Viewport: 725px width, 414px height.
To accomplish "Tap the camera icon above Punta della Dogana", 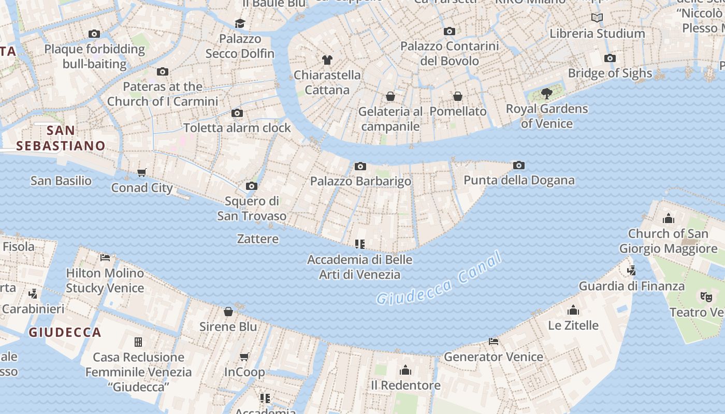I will tap(519, 166).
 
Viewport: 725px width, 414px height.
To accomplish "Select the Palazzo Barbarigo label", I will tap(360, 181).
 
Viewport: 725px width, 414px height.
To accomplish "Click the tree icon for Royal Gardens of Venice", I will tap(546, 94).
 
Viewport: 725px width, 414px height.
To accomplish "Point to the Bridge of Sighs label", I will tap(610, 73).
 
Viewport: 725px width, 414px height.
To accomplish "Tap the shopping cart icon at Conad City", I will tap(142, 172).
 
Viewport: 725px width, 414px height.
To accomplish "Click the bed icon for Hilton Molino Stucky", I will tap(105, 257).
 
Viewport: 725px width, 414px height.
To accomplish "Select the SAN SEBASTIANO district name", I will tap(61, 138).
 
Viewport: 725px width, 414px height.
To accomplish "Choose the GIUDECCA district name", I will tap(65, 332).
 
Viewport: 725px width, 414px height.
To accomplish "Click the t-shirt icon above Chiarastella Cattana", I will tap(327, 60).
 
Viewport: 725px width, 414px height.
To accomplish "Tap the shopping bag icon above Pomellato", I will tap(458, 96).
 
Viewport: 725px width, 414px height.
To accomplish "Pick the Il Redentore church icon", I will tap(405, 370).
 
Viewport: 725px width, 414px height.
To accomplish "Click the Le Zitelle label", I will tap(573, 326).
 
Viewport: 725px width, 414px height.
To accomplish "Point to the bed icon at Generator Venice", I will tap(494, 342).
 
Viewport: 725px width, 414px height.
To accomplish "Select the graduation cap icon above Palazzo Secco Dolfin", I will tap(240, 23).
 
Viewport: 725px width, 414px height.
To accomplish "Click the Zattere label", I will tap(258, 239).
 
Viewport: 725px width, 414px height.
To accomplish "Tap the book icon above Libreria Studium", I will tap(597, 18).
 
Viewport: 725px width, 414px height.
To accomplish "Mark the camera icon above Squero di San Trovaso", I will tap(252, 186).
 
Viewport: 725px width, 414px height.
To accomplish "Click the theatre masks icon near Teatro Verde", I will tap(705, 297).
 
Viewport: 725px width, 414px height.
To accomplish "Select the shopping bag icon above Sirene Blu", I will tap(228, 311).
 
